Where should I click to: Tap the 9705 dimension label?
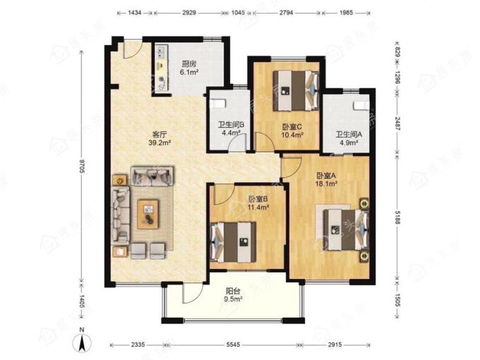tap(82, 167)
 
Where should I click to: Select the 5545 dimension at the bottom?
tap(233, 344)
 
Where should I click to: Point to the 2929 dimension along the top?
tap(189, 13)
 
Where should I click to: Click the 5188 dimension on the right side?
tap(397, 217)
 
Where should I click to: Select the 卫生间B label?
tap(231, 125)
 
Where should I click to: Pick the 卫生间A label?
tap(349, 134)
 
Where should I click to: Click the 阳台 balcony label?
tap(233, 291)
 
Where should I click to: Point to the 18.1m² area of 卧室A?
tap(326, 184)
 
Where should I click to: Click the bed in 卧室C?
tap(296, 90)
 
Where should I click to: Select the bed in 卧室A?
tap(346, 229)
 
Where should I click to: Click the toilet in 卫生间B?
tap(217, 103)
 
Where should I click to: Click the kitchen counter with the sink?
tap(162, 68)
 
